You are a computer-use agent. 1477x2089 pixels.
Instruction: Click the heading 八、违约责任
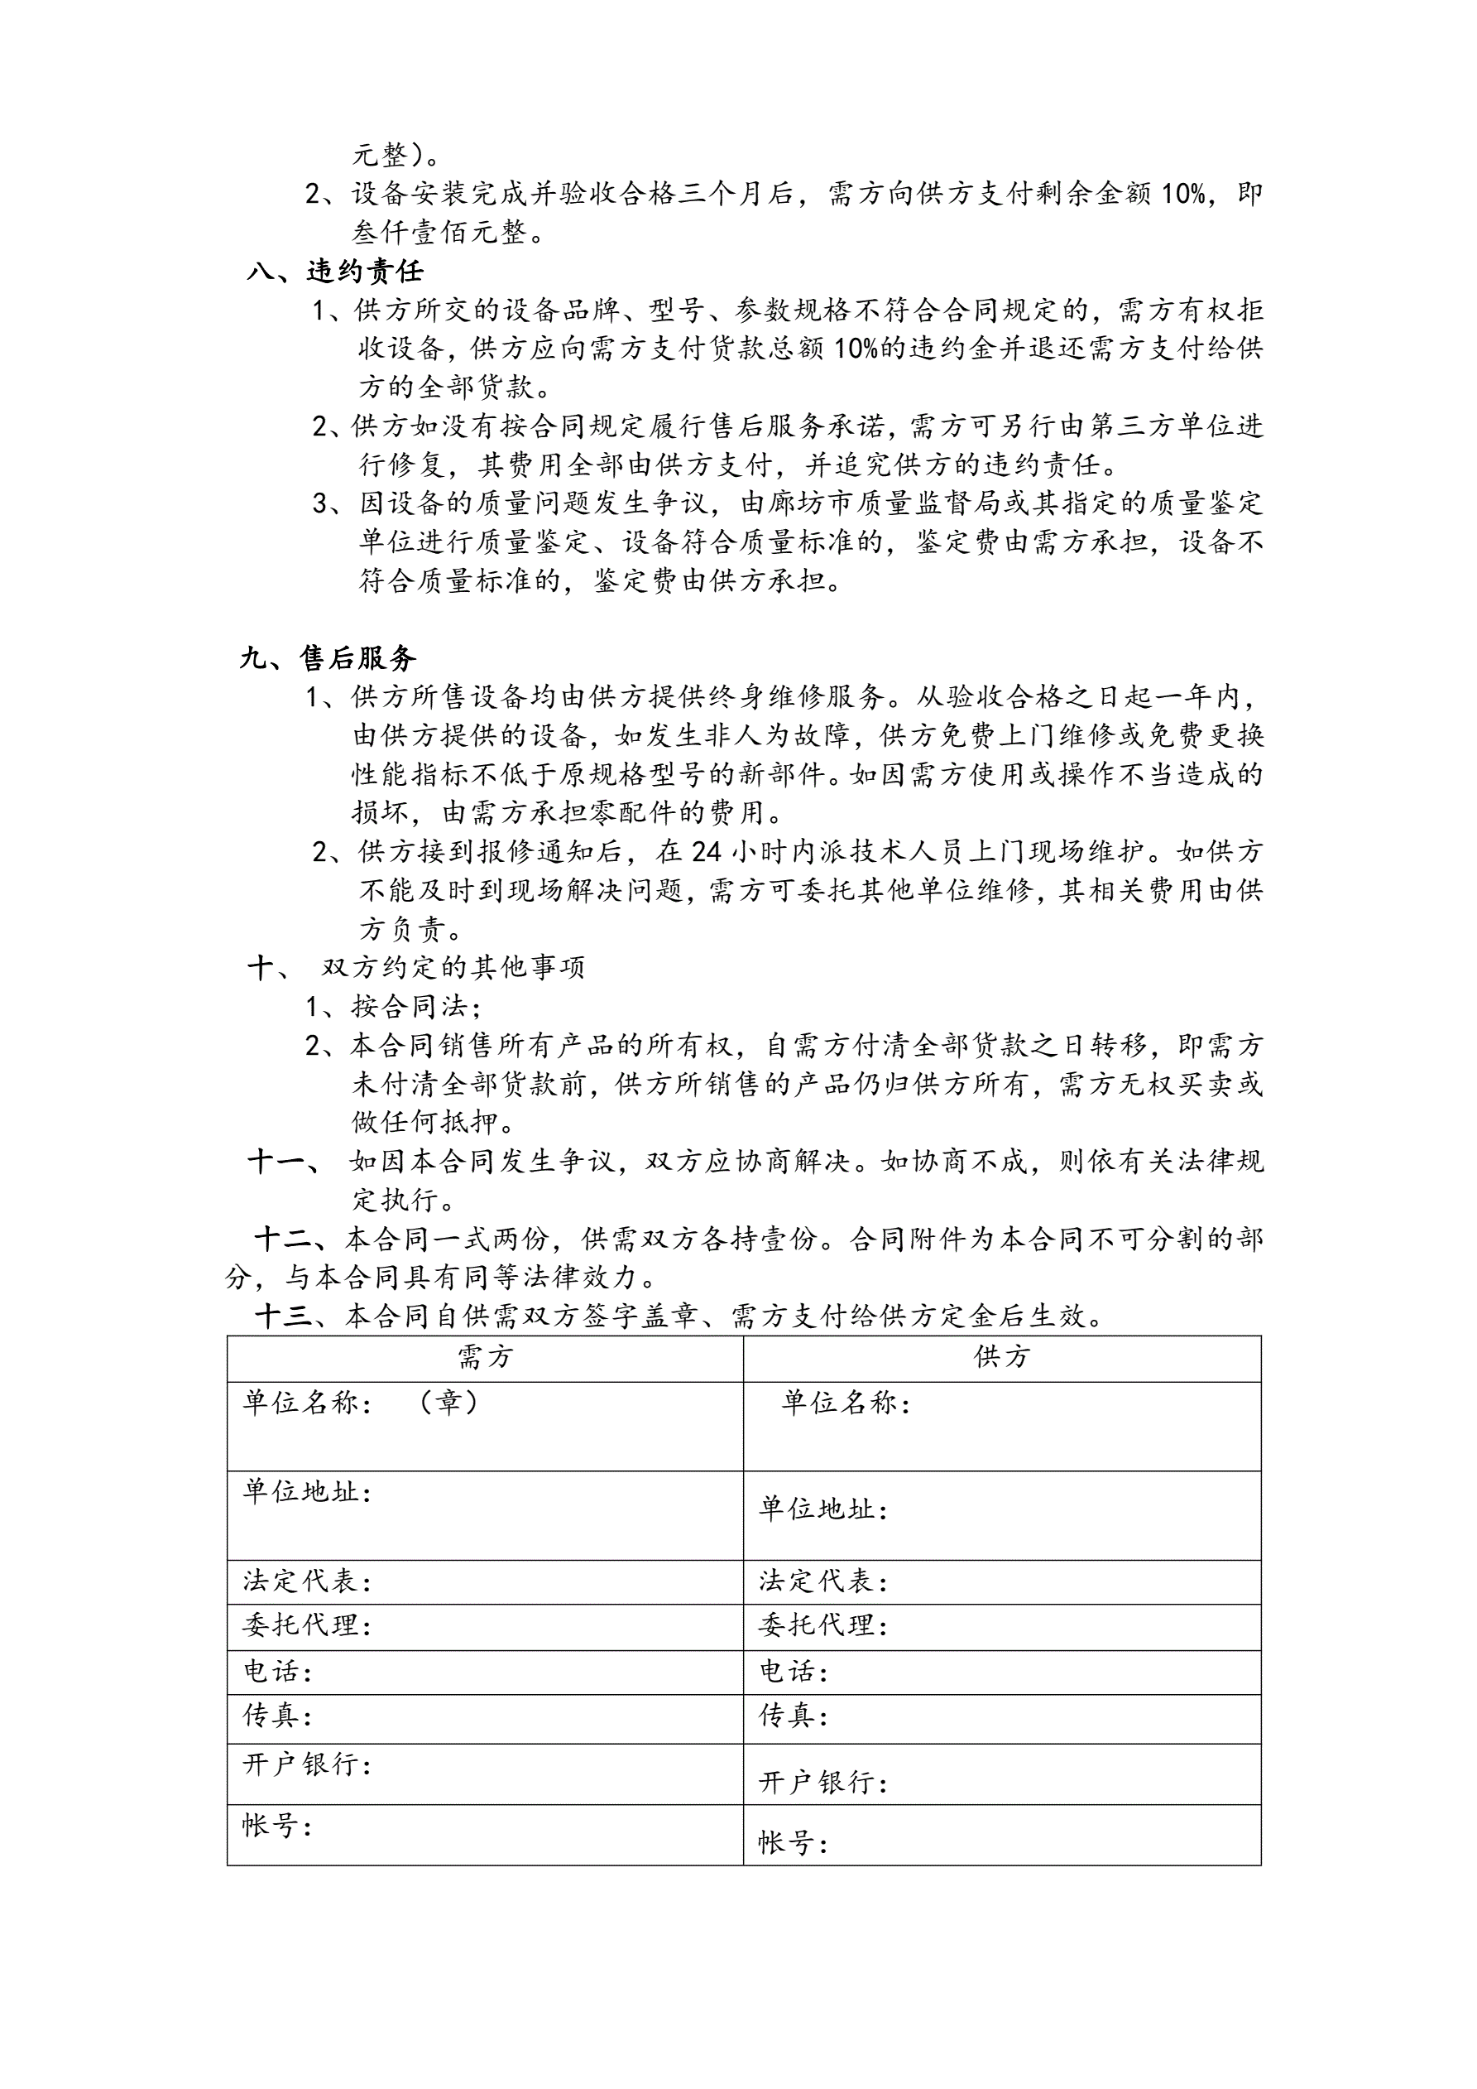click(334, 271)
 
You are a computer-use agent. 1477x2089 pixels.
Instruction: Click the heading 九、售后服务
click(328, 657)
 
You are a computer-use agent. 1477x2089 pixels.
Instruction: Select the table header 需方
click(485, 1358)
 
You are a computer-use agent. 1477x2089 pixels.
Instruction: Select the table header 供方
click(1001, 1358)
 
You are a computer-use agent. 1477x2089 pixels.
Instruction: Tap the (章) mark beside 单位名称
click(448, 1402)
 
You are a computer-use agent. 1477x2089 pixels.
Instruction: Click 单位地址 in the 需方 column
click(306, 1492)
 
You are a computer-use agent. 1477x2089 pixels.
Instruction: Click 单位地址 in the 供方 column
click(822, 1509)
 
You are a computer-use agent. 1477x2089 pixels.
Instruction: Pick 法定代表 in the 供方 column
click(822, 1581)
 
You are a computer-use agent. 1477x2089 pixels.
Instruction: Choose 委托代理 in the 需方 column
click(306, 1626)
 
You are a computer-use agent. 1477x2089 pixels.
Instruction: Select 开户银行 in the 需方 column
click(306, 1764)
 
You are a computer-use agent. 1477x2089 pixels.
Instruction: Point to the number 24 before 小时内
click(707, 852)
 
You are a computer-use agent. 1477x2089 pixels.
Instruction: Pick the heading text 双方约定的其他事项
click(452, 967)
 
